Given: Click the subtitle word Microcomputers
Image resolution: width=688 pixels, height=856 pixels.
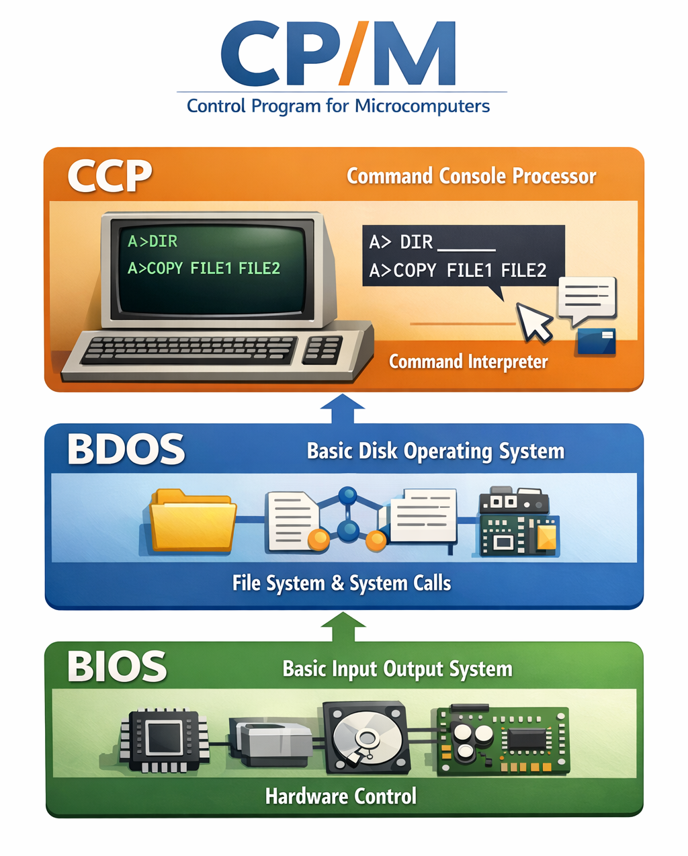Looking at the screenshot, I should (x=422, y=106).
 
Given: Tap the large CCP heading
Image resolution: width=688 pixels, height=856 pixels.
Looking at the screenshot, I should (x=110, y=176).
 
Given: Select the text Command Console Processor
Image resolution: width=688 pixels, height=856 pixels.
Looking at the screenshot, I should (x=471, y=176).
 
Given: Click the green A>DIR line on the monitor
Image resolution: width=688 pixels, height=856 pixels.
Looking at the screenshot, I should (x=153, y=241).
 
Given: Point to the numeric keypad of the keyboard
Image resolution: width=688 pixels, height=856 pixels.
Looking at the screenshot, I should (x=323, y=349).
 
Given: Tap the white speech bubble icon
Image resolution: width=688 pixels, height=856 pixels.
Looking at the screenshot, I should (x=587, y=298).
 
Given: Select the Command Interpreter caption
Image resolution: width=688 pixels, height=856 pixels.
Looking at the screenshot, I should (x=468, y=361).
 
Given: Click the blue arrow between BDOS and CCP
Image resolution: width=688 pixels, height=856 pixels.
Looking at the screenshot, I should (x=343, y=408).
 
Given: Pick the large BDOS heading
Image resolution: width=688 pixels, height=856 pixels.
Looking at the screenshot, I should (x=126, y=450).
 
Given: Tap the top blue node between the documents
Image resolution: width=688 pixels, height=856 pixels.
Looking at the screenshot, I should (x=347, y=496).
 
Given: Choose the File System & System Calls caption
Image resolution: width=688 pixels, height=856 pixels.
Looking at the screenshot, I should (x=341, y=583).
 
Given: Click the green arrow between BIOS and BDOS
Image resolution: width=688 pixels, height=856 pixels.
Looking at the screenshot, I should (x=343, y=627).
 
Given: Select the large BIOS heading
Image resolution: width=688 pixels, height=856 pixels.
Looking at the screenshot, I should (x=117, y=667).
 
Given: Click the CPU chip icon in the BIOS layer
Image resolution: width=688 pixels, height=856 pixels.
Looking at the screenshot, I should (x=165, y=740).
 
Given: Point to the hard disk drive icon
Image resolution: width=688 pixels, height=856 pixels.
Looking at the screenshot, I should (x=366, y=738).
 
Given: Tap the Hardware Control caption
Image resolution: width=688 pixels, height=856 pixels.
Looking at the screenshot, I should (x=341, y=796).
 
